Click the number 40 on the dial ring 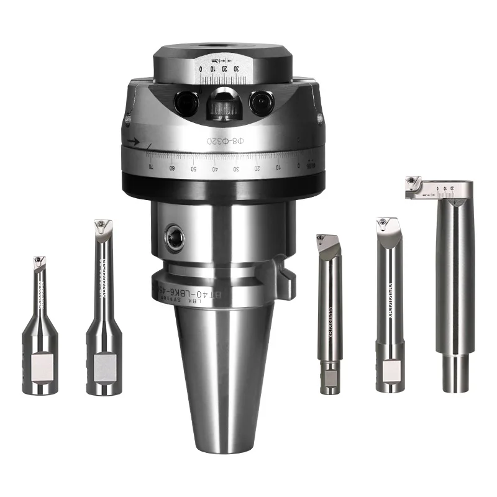[215, 168]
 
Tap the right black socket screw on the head [262, 103]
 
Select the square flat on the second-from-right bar [390, 370]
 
